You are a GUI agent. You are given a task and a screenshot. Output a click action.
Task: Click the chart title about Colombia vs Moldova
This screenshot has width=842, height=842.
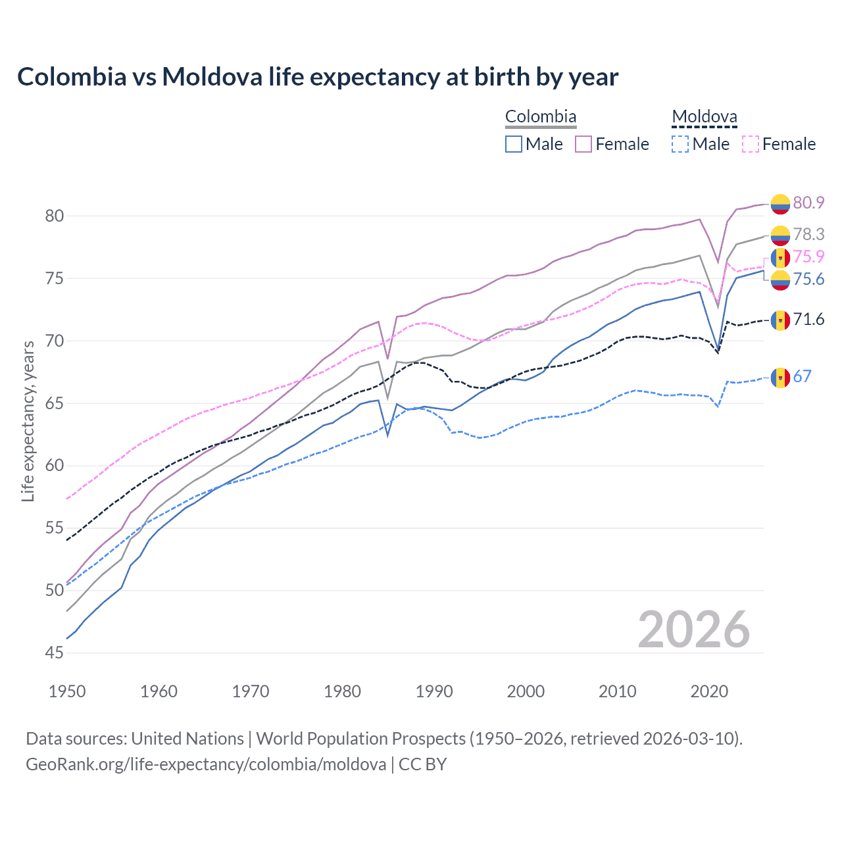tap(318, 77)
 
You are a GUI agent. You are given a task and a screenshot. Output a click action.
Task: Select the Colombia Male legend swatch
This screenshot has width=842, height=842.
tap(514, 144)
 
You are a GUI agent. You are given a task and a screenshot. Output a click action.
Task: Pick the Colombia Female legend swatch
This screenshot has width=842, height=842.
tap(583, 144)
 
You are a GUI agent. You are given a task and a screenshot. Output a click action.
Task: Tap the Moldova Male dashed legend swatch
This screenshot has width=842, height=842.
tap(680, 144)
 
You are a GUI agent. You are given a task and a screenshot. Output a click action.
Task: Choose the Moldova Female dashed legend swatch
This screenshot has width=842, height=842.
tap(751, 144)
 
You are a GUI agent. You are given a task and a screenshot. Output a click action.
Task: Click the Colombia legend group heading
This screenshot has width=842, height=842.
tap(541, 117)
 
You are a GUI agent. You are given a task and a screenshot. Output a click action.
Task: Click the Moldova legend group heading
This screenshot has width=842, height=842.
tap(705, 117)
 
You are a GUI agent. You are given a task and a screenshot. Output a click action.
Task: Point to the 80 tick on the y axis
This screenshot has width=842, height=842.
tap(55, 216)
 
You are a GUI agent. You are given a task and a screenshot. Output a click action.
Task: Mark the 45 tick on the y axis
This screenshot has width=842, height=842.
tap(55, 653)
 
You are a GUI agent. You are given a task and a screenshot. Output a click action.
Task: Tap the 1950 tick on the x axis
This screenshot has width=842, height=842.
tap(68, 691)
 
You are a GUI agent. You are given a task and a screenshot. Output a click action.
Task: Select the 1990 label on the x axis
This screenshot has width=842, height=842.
tap(434, 691)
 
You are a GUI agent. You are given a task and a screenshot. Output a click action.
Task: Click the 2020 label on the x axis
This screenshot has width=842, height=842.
tap(709, 691)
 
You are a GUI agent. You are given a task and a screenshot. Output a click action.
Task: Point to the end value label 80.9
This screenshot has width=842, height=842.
tap(808, 203)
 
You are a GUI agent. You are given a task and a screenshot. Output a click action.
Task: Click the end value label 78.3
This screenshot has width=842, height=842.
tap(808, 234)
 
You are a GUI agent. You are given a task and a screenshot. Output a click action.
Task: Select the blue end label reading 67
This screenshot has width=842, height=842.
tap(802, 376)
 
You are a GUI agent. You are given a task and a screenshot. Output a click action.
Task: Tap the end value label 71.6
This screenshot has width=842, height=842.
tap(808, 320)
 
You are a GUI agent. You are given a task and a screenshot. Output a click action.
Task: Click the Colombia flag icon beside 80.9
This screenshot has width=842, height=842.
tap(780, 204)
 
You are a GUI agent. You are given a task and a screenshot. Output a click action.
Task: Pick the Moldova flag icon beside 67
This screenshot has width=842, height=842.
tap(780, 378)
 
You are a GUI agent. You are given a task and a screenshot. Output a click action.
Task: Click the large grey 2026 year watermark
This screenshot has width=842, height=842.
tap(694, 630)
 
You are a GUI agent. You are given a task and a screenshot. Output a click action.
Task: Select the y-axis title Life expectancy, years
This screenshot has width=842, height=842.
tap(28, 421)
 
